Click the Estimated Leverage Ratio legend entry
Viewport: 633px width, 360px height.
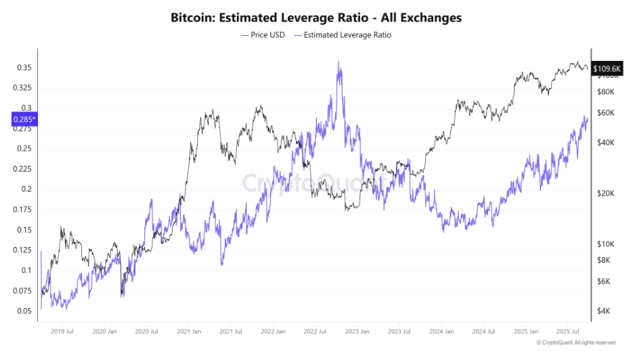point(345,35)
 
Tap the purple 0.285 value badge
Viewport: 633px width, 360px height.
point(24,120)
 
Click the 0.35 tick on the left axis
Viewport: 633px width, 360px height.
point(24,68)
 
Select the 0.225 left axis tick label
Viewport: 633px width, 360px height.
point(22,169)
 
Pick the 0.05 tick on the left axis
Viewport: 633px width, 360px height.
point(24,311)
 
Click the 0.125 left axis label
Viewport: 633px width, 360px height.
point(22,250)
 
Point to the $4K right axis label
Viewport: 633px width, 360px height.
point(603,311)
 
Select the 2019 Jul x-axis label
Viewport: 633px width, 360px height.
point(62,332)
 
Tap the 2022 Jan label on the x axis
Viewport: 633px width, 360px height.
point(274,332)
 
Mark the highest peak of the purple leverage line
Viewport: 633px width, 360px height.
point(339,62)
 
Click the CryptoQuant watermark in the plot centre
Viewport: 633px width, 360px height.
point(316,183)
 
